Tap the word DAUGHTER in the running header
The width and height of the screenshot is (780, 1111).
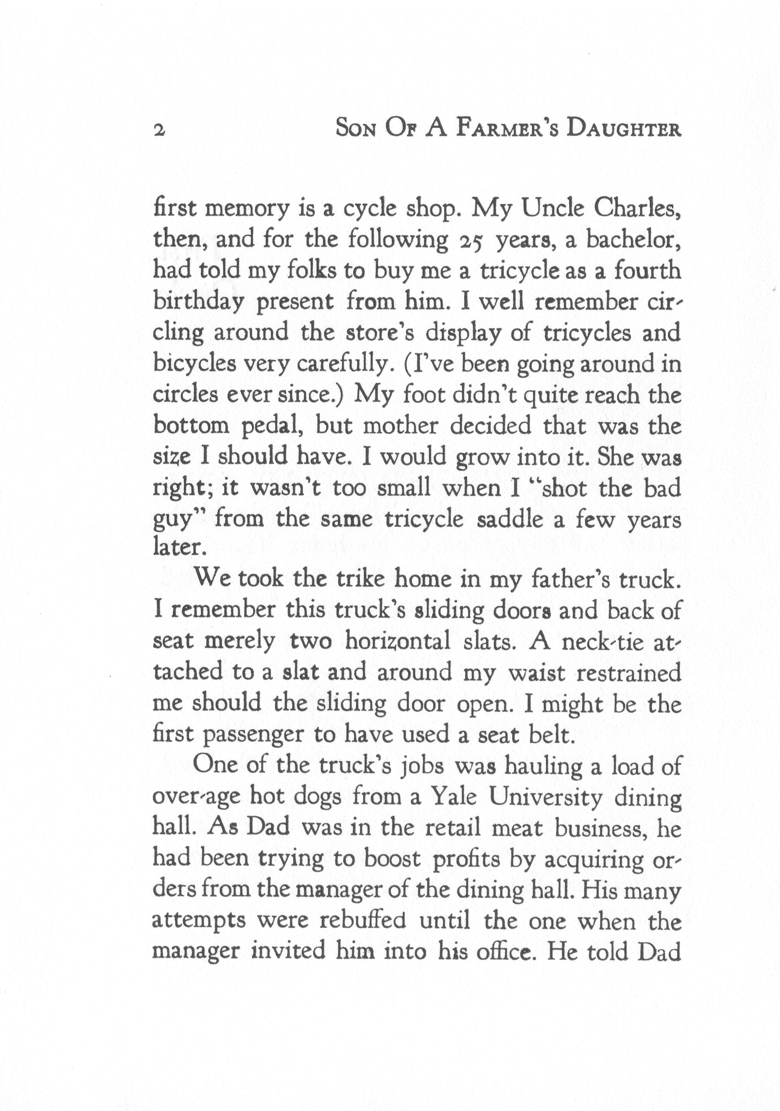624,129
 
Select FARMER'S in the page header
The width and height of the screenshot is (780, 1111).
507,129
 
